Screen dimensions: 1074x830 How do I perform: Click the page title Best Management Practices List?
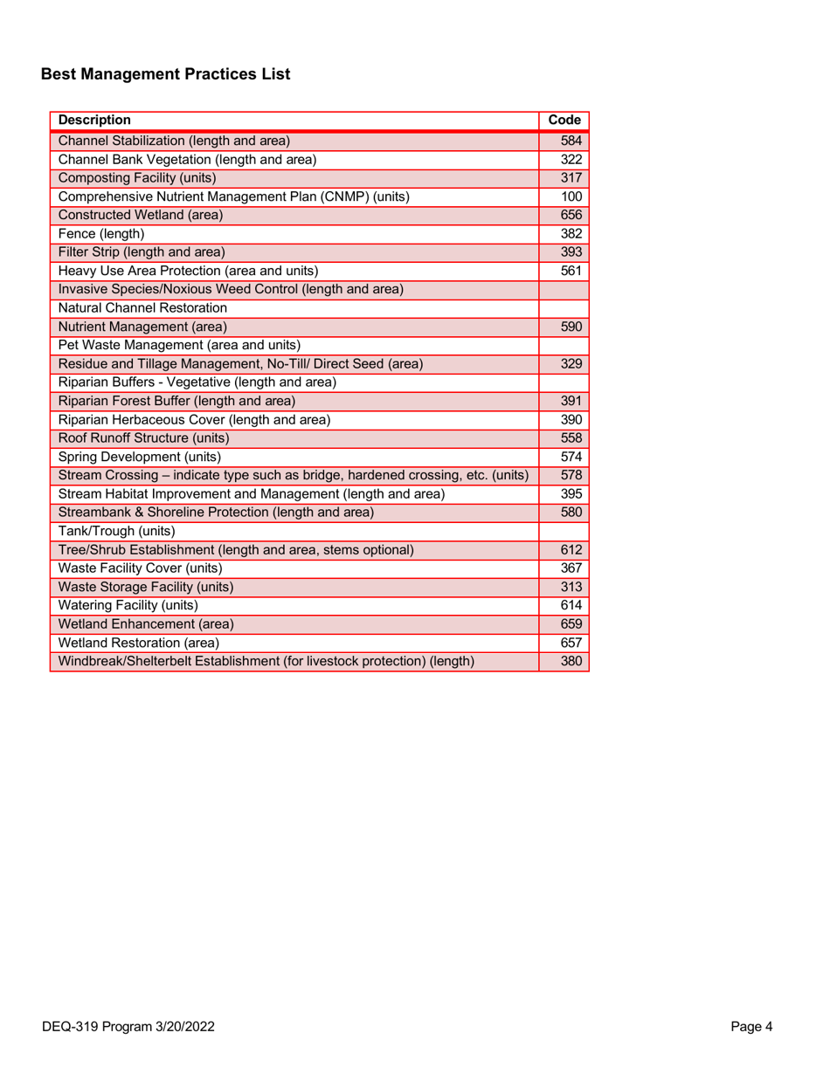point(165,74)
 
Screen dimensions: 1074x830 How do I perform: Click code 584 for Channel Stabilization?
point(570,140)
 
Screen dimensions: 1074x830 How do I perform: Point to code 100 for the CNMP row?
point(570,196)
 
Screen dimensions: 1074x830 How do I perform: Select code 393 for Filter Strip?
point(570,252)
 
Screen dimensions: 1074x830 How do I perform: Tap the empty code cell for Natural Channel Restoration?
point(564,308)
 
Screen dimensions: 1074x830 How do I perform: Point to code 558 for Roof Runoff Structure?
point(570,437)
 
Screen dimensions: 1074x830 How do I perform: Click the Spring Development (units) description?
point(139,456)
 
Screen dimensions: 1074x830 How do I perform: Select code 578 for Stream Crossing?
point(570,475)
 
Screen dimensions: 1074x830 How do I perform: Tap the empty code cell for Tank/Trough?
point(564,531)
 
